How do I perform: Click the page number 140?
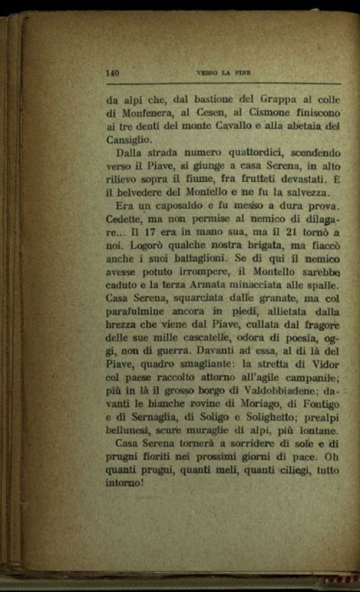point(113,73)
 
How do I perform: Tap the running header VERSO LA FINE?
point(223,73)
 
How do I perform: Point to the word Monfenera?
point(147,113)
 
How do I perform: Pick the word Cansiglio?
point(129,141)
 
